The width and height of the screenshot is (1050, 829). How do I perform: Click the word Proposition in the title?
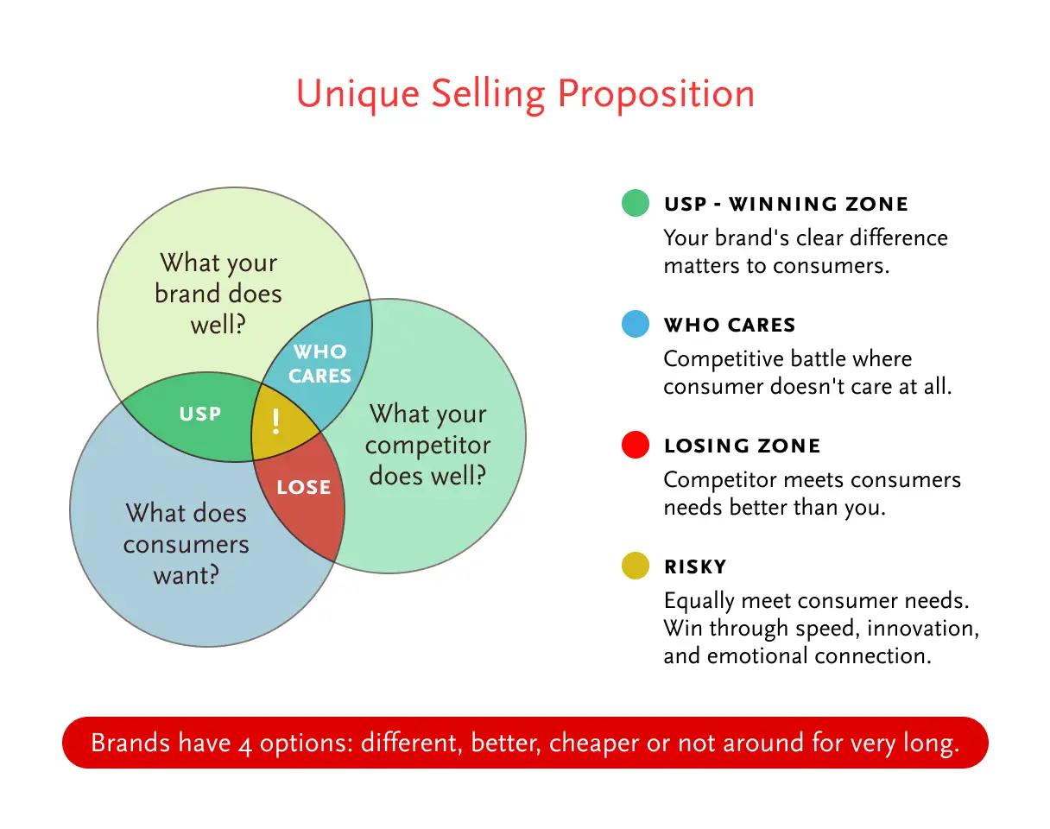[x=656, y=94]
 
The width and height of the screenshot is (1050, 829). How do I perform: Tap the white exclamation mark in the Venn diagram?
[x=276, y=421]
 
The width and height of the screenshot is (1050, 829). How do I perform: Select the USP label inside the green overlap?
[x=200, y=414]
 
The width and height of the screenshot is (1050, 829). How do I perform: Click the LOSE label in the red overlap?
[x=303, y=487]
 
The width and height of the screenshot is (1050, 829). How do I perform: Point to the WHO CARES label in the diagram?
[x=319, y=364]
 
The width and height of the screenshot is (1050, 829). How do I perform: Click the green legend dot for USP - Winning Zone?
[x=636, y=202]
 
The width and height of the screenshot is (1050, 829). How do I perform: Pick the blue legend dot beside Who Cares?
[x=636, y=324]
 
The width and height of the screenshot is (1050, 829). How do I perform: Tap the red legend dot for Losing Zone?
[x=636, y=445]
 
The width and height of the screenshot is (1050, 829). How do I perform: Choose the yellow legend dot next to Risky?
[x=636, y=566]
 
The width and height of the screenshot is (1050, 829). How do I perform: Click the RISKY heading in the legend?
[x=695, y=566]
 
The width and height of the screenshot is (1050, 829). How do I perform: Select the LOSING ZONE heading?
[x=742, y=446]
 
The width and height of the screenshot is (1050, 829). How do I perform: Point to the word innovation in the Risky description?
[x=923, y=629]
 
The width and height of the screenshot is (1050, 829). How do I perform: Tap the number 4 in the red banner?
[x=245, y=745]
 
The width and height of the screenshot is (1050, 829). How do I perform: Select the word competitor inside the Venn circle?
[x=427, y=446]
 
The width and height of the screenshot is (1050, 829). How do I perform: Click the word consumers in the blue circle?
[x=186, y=545]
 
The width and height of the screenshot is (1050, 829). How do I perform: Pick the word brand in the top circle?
[x=187, y=294]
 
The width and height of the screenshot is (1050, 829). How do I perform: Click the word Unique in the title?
[x=357, y=94]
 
